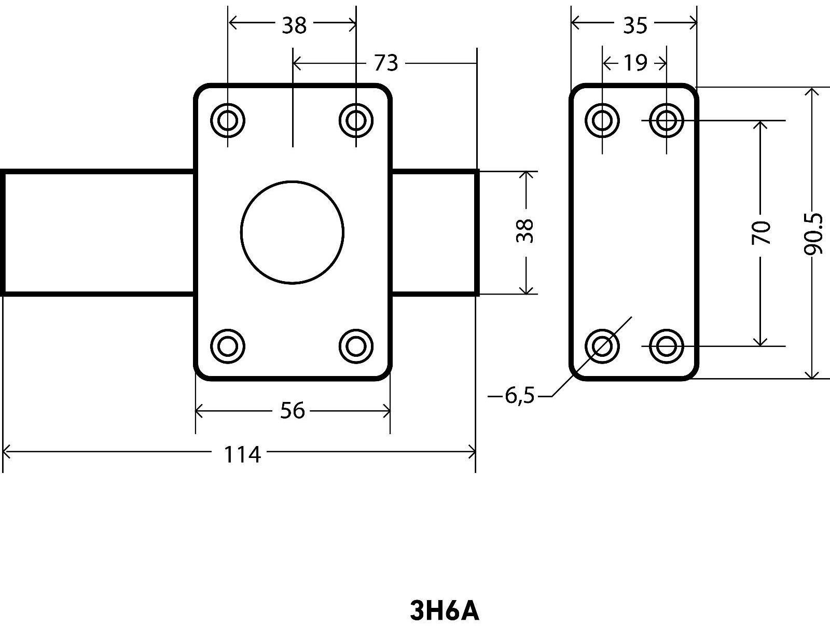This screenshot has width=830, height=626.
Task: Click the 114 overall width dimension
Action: pos(242,455)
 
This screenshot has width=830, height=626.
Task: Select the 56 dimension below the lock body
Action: pos(293,411)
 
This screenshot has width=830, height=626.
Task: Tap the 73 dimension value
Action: pos(385,63)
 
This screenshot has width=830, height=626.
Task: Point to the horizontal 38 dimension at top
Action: pos(294,24)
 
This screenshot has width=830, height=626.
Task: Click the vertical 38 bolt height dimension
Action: pos(525,231)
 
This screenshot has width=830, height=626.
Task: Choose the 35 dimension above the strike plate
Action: pos(635,24)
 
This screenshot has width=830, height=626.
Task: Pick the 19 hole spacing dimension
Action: pos(635,63)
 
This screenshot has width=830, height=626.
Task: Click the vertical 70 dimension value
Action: pos(761,232)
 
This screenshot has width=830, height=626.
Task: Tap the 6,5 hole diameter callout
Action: pos(519,397)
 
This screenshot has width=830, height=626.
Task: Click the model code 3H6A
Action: pos(445,611)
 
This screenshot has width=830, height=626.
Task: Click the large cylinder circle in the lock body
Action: pos(292,232)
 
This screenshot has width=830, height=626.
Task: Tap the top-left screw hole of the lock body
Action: pos(228,120)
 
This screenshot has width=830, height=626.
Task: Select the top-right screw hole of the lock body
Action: pos(356,120)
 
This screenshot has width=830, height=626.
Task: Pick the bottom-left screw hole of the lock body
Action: pos(228,345)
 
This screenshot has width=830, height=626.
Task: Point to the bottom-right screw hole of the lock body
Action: pos(356,345)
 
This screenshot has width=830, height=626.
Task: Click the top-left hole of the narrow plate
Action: pos(602,120)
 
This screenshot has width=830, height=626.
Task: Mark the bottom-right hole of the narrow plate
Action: pos(666,345)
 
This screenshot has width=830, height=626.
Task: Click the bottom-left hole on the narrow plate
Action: pos(602,345)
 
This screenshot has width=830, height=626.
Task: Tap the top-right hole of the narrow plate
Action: pos(666,120)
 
